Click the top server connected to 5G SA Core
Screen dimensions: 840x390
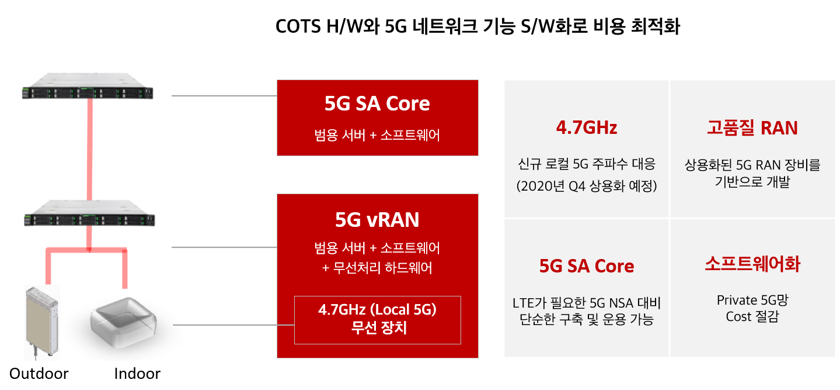88,86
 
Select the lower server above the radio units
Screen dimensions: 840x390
89,213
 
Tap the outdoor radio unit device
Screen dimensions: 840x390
42,322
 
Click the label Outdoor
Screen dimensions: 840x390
39,374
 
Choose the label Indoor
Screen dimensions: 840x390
137,374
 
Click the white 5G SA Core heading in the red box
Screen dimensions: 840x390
377,103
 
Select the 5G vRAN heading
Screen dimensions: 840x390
377,220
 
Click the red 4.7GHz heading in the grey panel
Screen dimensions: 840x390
587,127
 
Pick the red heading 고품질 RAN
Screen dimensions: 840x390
752,127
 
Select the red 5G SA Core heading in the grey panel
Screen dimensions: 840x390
587,266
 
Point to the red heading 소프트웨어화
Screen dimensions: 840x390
752,264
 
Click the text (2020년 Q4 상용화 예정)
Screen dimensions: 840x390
587,186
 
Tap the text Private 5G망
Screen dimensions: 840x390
752,300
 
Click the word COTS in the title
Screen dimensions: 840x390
298,27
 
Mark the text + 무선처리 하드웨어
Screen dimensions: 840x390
377,268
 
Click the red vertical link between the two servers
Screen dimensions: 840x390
90,149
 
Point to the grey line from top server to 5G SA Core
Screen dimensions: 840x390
224,96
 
